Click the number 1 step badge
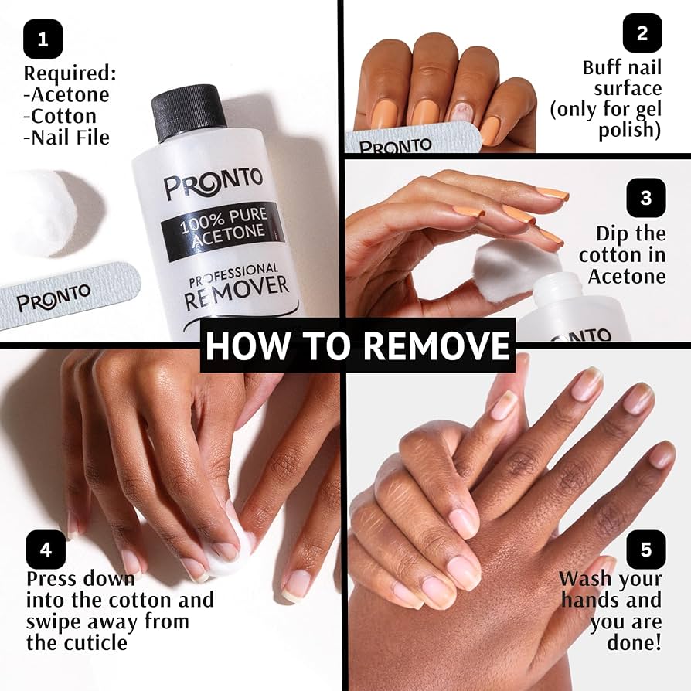click(x=43, y=39)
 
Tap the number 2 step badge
click(x=642, y=32)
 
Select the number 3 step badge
click(x=646, y=198)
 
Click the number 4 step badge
click(x=46, y=550)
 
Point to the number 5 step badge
click(x=646, y=550)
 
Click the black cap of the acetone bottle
click(x=188, y=113)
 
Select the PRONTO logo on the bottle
click(x=213, y=185)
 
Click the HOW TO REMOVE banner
click(x=359, y=345)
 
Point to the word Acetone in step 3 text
click(x=626, y=276)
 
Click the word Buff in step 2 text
click(x=601, y=67)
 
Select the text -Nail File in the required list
click(x=66, y=138)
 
